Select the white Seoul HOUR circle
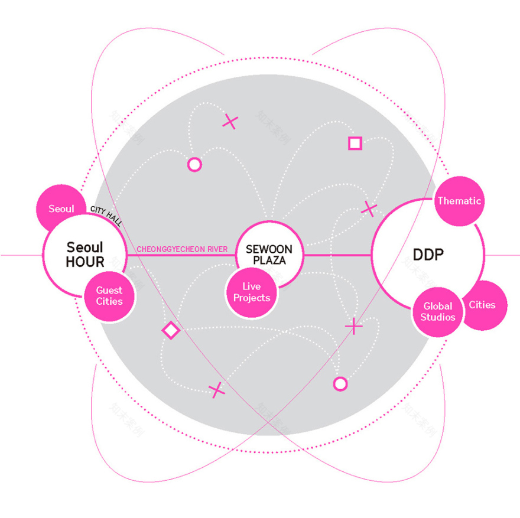(x=85, y=255)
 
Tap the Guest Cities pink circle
(x=109, y=296)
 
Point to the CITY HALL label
(x=106, y=216)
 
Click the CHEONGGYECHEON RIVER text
(x=182, y=249)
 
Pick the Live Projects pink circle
(x=252, y=293)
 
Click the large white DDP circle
(x=428, y=255)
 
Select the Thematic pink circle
(x=459, y=201)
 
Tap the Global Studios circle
(x=438, y=311)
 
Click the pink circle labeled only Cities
(x=482, y=305)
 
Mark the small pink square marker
(x=355, y=144)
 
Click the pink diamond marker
(x=171, y=330)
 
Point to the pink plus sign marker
(x=354, y=325)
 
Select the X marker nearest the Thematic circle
(x=369, y=208)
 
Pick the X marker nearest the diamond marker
(x=217, y=389)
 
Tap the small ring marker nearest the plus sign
(x=340, y=384)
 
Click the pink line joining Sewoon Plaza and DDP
(x=337, y=255)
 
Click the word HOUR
(x=85, y=262)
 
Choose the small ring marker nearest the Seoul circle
(x=194, y=165)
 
